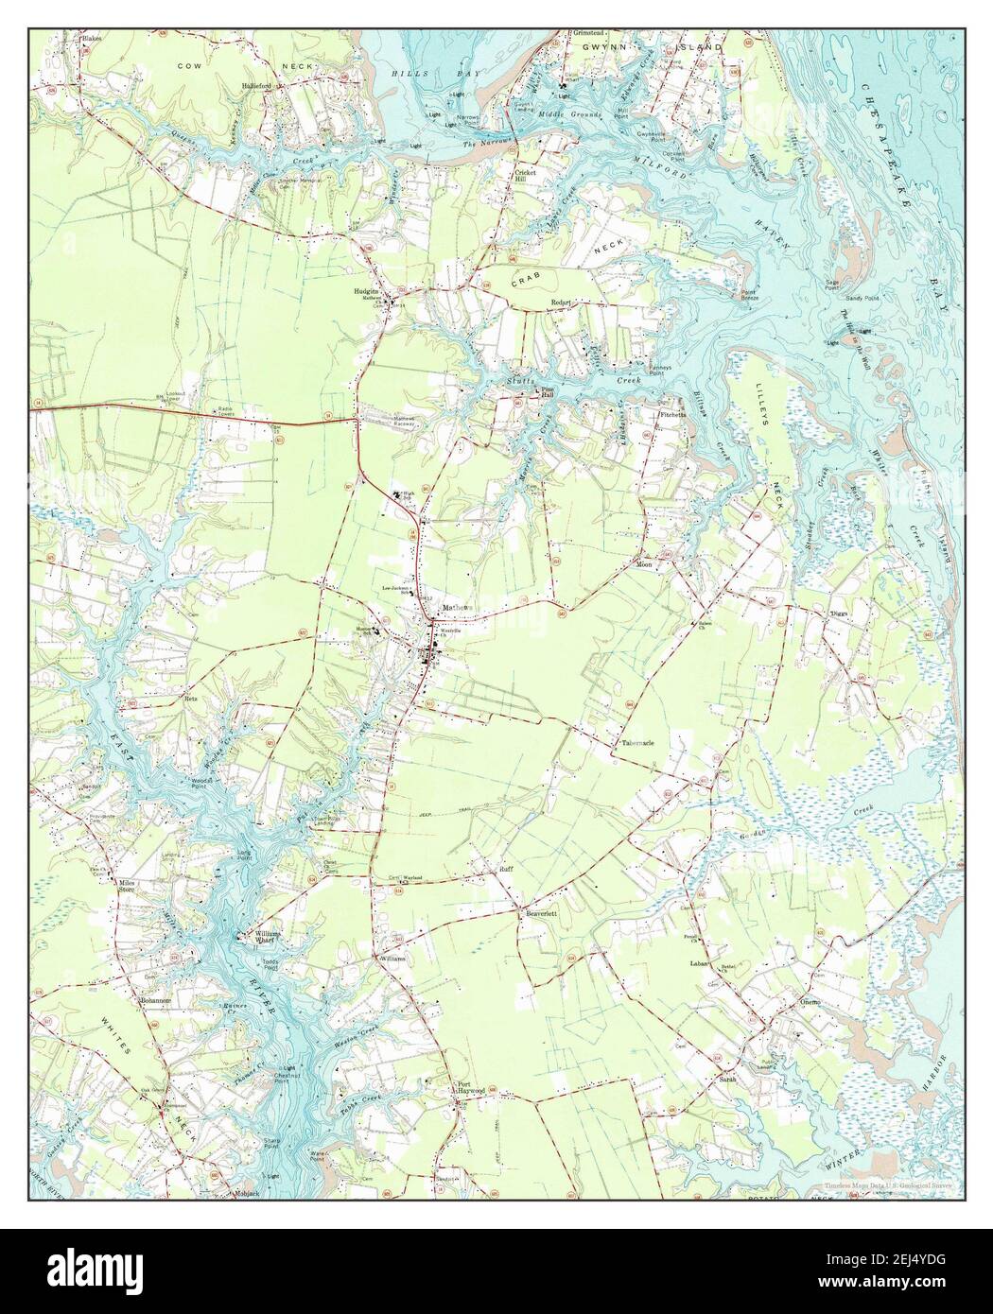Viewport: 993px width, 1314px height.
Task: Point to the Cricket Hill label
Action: coord(526,176)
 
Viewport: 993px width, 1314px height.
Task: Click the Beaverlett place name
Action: coord(541,914)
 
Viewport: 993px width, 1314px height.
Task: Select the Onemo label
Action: coord(810,1001)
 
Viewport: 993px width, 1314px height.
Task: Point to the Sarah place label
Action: coord(726,1078)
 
